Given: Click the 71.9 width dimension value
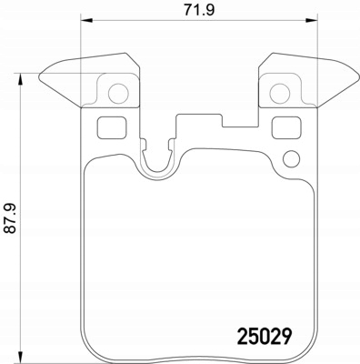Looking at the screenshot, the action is (x=199, y=10).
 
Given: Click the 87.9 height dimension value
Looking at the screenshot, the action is (x=11, y=218).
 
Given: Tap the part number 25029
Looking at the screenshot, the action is (x=265, y=336).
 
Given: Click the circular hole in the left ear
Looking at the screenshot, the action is (x=118, y=93).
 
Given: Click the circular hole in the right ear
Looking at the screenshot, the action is (x=279, y=93).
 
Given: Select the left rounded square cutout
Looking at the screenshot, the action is (x=112, y=127).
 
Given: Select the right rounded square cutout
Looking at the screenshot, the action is (x=286, y=127).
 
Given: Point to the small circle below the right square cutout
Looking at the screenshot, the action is (x=291, y=159).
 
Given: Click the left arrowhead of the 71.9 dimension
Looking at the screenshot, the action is (x=86, y=20).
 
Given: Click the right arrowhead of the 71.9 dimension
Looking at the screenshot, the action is (x=311, y=20).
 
